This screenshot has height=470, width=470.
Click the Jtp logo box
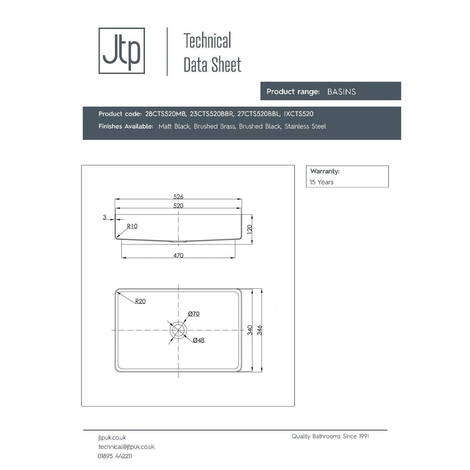pos(122,51)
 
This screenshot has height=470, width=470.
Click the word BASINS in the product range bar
pos(342,92)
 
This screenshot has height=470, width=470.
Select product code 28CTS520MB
pos(166,114)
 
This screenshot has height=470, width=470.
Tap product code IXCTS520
pos(299,114)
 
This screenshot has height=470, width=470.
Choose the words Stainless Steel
pos(305,126)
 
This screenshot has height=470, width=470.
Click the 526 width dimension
pos(178,197)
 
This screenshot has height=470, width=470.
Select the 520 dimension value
pos(178,206)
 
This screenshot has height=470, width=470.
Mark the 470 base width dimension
pos(178,255)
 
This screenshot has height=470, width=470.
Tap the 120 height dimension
pos(250,229)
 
